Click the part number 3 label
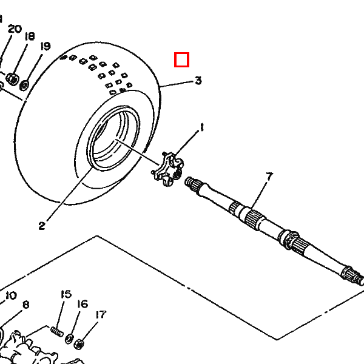tap(198, 80)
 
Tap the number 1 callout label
tap(202, 127)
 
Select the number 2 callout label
tap(42, 226)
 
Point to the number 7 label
tap(269, 177)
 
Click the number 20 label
tap(15, 29)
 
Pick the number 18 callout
tap(30, 36)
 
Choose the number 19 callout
tap(45, 46)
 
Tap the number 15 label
tap(66, 294)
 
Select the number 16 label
tap(83, 304)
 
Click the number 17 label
tap(101, 314)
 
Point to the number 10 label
tap(11, 295)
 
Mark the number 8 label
tap(26, 305)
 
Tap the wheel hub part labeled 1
tap(167, 169)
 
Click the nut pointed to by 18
tap(12, 79)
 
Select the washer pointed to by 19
tap(24, 85)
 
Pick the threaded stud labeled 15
tap(57, 331)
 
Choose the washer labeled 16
tap(69, 339)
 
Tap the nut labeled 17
tap(79, 344)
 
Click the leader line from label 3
tap(177, 84)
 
